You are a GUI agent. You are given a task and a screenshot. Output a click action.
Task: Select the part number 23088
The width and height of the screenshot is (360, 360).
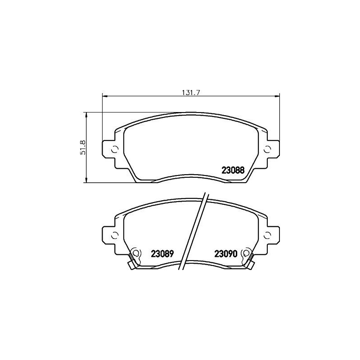(x=233, y=171)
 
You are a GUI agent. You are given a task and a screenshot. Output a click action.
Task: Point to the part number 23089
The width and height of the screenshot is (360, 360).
(x=162, y=254)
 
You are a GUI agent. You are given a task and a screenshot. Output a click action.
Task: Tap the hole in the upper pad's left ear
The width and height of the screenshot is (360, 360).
(x=114, y=150)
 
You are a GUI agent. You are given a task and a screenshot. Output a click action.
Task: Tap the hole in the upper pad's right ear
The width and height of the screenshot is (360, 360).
(x=268, y=150)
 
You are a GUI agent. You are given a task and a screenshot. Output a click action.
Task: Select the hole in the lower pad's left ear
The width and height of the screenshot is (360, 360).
(x=114, y=234)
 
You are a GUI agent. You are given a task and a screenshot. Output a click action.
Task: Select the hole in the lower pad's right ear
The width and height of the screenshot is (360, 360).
(x=268, y=234)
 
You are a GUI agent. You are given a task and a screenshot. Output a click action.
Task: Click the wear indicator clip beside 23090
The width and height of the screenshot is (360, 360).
(x=248, y=259)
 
